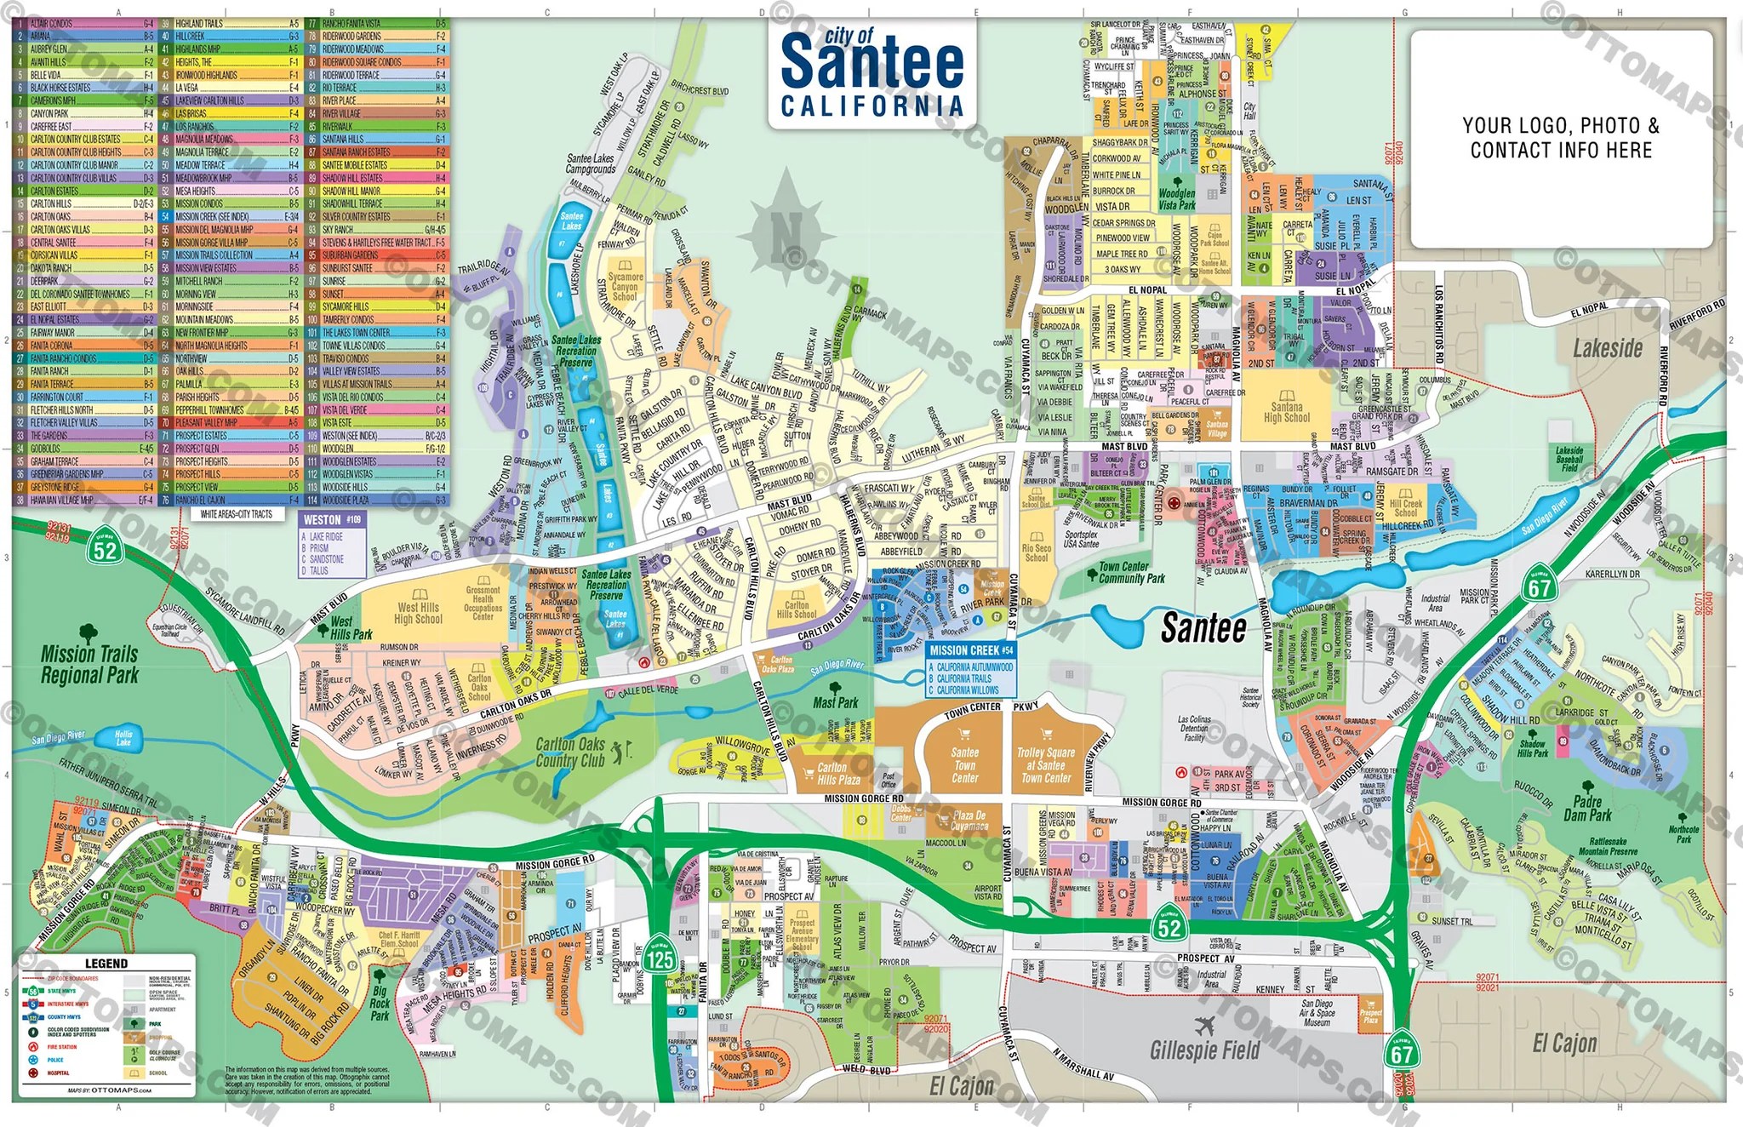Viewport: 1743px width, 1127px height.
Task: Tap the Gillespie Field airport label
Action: click(x=1204, y=1049)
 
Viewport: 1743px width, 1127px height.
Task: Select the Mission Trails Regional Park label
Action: click(x=89, y=664)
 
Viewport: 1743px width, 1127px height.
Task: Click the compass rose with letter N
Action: click(x=786, y=228)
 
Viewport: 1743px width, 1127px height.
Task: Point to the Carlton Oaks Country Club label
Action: click(x=569, y=752)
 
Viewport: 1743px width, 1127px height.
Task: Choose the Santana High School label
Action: click(x=1287, y=412)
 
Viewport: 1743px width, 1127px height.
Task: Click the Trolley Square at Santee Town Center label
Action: click(x=1046, y=764)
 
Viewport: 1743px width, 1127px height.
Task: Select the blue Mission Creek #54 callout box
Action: click(x=971, y=668)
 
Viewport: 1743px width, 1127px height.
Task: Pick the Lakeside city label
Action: click(x=1607, y=347)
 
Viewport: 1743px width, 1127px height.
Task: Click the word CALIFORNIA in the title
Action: click(x=872, y=106)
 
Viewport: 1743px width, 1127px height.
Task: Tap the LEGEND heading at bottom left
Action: click(x=106, y=963)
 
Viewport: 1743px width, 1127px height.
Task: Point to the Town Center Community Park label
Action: click(x=1131, y=572)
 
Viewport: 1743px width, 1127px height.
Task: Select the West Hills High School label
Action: click(x=418, y=613)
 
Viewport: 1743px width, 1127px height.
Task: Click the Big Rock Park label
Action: click(x=380, y=1003)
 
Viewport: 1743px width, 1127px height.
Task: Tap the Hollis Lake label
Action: click(x=123, y=737)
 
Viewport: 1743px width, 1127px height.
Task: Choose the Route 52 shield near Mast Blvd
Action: click(x=105, y=549)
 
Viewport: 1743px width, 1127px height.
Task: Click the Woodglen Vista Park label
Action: click(x=1177, y=199)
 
